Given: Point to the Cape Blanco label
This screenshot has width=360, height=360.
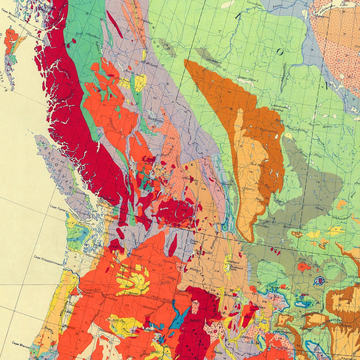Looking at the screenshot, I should pyautogui.click(x=21, y=343).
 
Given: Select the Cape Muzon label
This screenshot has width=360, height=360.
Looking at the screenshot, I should pyautogui.click(x=9, y=10).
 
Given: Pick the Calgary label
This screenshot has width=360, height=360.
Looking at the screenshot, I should pyautogui.click(x=249, y=189).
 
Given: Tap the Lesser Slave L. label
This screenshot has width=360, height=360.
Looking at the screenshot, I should pyautogui.click(x=249, y=78).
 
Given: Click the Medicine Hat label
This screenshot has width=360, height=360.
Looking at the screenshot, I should pyautogui.click(x=290, y=229).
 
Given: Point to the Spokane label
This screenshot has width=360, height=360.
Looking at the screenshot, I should pyautogui.click(x=169, y=262).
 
